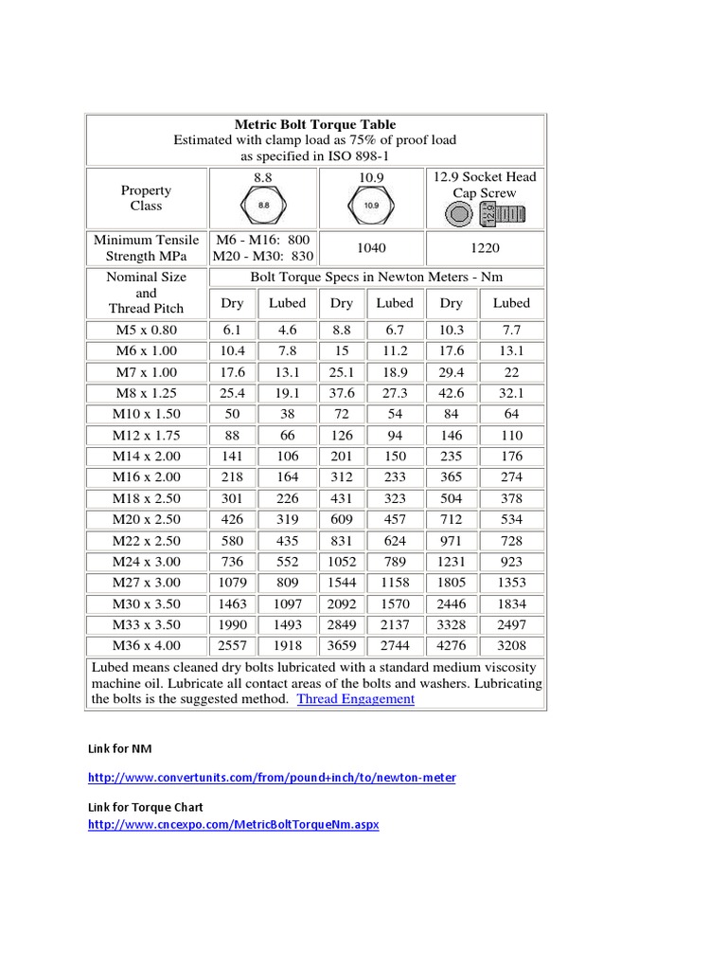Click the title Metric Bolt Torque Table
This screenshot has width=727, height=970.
[x=315, y=124]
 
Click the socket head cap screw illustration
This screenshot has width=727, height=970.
[x=485, y=215]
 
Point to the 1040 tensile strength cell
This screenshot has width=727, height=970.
[x=372, y=247]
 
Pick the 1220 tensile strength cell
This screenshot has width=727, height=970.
[x=485, y=247]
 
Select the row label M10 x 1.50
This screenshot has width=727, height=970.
[x=146, y=414]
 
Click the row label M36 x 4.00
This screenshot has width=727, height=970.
[x=146, y=645]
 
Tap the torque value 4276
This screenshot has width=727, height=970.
[x=452, y=645]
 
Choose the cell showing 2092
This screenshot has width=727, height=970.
[x=342, y=603]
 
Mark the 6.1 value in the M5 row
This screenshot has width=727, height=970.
[x=232, y=331]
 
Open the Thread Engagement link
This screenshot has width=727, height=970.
[x=355, y=699]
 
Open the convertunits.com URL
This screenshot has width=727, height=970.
[x=272, y=778]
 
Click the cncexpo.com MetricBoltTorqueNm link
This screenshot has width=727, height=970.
[x=233, y=825]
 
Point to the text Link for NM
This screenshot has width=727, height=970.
[x=119, y=748]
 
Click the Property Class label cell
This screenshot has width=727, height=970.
[x=146, y=198]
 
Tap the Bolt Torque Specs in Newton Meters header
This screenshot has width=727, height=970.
[x=376, y=277]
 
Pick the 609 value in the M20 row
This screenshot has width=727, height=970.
[x=342, y=519]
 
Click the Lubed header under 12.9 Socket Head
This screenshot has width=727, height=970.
[x=511, y=303]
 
